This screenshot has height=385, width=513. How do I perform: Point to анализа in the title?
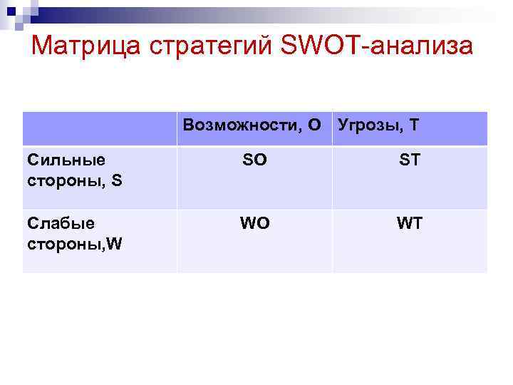click(420, 46)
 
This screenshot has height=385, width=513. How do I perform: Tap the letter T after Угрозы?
click(414, 126)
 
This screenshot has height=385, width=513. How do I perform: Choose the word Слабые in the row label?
click(60, 223)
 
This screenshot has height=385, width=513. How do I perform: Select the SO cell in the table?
click(254, 160)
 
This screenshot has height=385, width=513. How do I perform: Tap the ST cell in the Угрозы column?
click(410, 160)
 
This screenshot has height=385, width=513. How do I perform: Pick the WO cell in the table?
click(254, 223)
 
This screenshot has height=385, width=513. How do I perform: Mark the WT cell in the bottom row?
click(410, 223)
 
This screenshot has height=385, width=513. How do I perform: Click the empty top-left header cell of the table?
click(100, 128)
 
